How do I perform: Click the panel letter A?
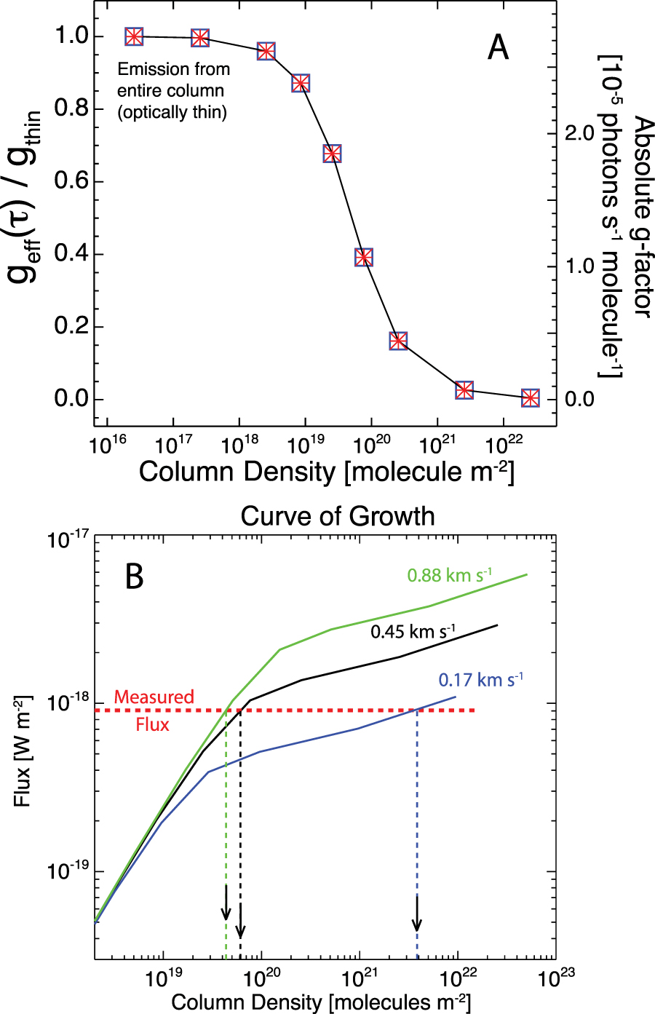pyautogui.click(x=498, y=48)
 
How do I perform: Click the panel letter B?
pyautogui.click(x=135, y=577)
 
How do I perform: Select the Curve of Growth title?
pyautogui.click(x=338, y=516)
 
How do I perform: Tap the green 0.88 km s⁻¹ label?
pyautogui.click(x=449, y=574)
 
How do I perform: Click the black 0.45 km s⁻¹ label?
pyautogui.click(x=413, y=631)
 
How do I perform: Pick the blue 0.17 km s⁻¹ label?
pyautogui.click(x=480, y=680)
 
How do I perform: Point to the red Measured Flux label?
pyautogui.click(x=154, y=710)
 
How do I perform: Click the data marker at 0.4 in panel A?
pyautogui.click(x=364, y=257)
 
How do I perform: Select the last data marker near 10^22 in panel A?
pyautogui.click(x=531, y=398)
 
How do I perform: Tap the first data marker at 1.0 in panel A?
pyautogui.click(x=134, y=36)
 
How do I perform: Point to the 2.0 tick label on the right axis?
pyautogui.click(x=579, y=133)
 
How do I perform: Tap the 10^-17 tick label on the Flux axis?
pyautogui.click(x=68, y=540)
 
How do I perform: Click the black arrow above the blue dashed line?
pyautogui.click(x=417, y=913)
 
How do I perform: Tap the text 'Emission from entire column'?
pyautogui.click(x=173, y=80)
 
